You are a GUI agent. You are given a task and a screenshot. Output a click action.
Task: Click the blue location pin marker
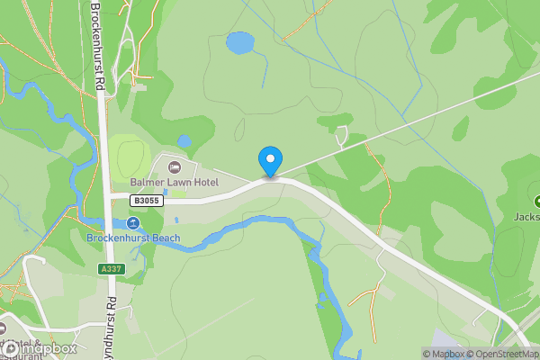coord(269,161)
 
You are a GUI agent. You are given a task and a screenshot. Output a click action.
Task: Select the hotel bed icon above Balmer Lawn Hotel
coord(175,167)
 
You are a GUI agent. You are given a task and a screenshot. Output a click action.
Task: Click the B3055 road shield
coord(147,201)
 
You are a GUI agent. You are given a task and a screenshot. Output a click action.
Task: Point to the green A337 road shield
coord(111,269)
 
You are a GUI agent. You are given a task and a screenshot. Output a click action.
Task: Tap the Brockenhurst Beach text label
coord(133,238)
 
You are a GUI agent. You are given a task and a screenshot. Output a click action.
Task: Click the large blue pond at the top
coord(240,42)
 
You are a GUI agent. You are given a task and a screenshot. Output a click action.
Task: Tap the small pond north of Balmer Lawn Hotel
coord(184,140)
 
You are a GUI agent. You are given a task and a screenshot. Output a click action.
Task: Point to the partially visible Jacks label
coord(526,216)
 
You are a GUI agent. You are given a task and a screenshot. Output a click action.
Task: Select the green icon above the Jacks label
coord(536,201)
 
